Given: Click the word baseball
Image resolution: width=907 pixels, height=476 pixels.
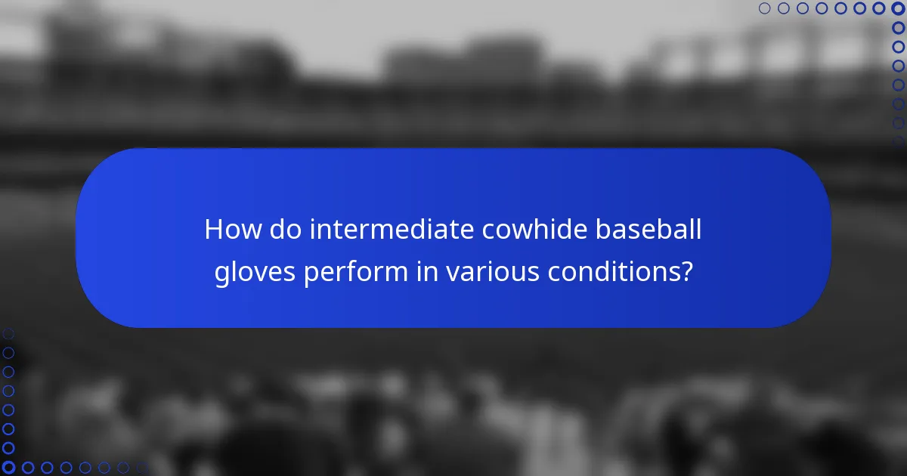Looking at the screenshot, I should click(648, 230).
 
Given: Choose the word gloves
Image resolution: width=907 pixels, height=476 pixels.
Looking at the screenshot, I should click(255, 273).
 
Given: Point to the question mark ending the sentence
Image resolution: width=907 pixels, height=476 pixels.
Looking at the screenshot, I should click(686, 273).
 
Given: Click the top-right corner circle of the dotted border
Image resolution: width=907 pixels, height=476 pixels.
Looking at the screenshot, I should click(898, 8).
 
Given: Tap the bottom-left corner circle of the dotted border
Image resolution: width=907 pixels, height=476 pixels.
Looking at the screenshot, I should click(8, 468).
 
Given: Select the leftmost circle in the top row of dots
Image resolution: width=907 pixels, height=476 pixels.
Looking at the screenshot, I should click(764, 8).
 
